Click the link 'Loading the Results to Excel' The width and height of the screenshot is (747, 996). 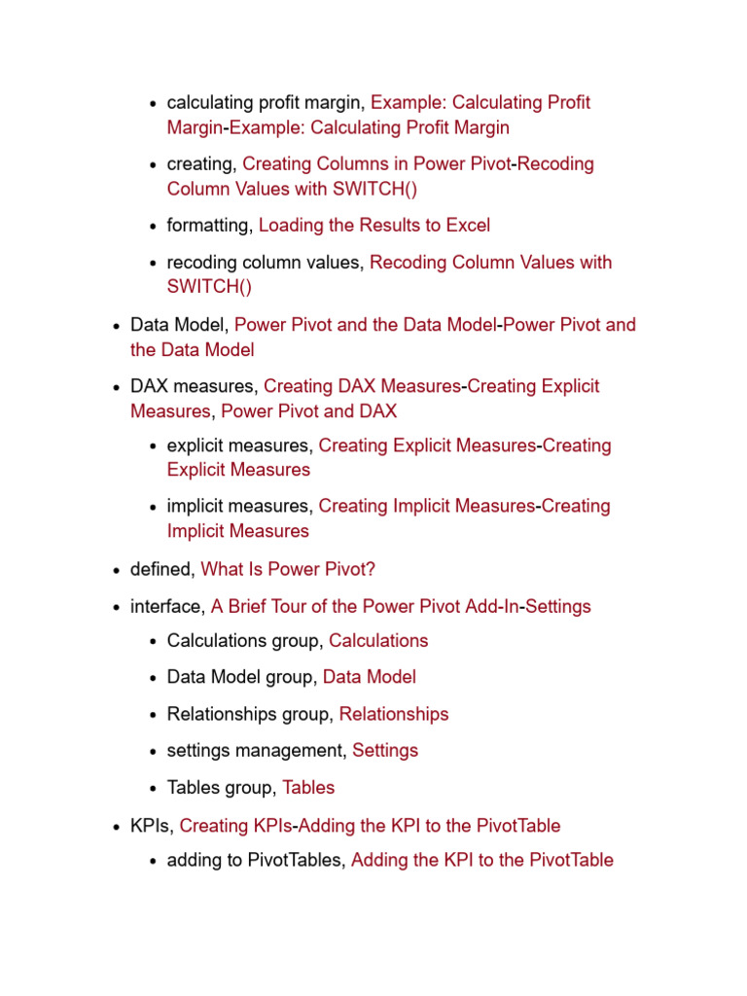pos(374,226)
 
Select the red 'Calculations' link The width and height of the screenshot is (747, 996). pos(378,641)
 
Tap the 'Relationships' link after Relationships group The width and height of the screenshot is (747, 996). pos(394,714)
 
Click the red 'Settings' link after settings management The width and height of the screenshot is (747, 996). pos(385,751)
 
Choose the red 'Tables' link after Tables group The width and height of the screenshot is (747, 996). pos(308,788)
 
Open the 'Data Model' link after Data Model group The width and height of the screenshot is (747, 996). pos(370,677)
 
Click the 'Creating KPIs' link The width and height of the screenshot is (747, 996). pos(236,826)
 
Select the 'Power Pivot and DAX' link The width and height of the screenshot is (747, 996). pos(309,411)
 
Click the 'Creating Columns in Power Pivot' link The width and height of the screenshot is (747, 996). pos(376,164)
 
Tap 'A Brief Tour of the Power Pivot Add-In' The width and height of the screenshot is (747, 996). pos(365,606)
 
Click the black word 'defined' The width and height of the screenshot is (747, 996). pos(161,569)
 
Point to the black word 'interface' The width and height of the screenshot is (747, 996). pos(166,606)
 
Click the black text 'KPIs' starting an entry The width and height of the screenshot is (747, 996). pos(150,826)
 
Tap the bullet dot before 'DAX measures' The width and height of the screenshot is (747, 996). pos(117,387)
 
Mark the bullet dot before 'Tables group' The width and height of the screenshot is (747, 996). pos(154,789)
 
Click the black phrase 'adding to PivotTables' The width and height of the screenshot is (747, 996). pos(255,860)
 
